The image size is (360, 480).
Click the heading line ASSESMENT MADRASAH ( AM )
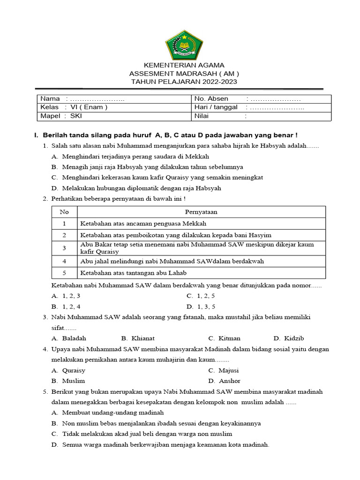click(x=184, y=74)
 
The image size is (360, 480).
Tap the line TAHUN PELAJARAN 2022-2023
click(x=184, y=82)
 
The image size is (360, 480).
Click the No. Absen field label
click(x=211, y=98)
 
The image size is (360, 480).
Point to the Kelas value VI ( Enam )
click(x=89, y=107)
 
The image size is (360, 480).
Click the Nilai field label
click(x=202, y=116)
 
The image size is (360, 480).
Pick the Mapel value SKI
click(x=75, y=116)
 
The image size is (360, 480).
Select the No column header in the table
click(x=64, y=212)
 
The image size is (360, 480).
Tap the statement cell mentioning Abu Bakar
click(x=197, y=248)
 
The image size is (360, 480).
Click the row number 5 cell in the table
click(x=64, y=272)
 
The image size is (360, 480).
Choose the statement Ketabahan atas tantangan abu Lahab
click(x=134, y=272)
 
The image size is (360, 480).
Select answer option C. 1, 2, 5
click(x=201, y=296)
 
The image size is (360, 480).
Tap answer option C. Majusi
click(x=225, y=370)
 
